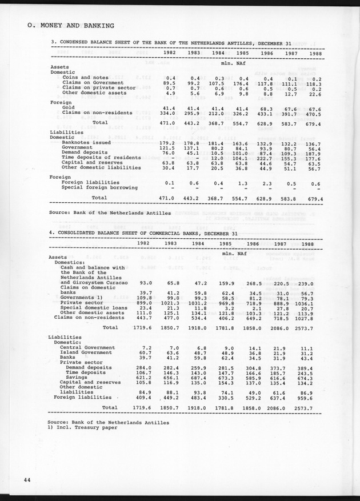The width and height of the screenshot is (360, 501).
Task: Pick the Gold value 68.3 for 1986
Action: tap(266, 107)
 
